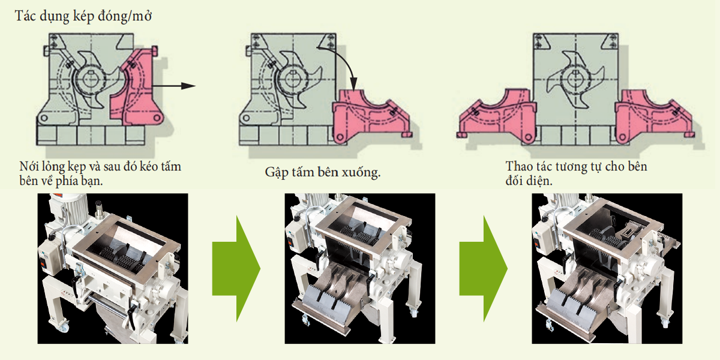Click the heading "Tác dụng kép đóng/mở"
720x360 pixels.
tap(83, 16)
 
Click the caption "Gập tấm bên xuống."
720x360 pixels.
tap(323, 172)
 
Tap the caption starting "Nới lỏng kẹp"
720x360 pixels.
tap(100, 173)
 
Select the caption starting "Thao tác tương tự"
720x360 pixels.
tap(576, 172)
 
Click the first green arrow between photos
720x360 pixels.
tap(235, 269)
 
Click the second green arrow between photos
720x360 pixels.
tap(483, 269)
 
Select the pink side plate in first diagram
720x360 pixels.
tap(140, 90)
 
